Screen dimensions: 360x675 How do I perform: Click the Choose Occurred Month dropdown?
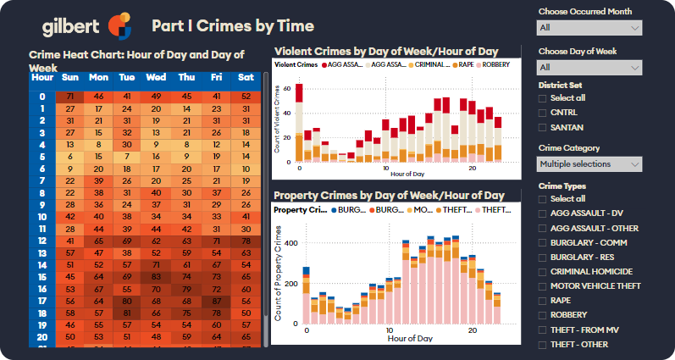point(589,28)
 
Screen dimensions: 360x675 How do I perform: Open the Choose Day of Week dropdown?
point(589,67)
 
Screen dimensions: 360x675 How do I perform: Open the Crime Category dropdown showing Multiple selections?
point(589,163)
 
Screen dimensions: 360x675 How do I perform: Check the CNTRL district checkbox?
point(543,113)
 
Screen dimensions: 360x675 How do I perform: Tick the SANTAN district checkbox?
point(543,127)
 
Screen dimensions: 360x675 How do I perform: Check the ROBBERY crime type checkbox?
point(543,315)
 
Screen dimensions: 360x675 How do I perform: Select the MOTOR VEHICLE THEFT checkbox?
point(543,286)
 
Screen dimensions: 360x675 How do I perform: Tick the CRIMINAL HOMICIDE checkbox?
point(543,272)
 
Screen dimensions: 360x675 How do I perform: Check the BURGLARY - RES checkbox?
point(543,258)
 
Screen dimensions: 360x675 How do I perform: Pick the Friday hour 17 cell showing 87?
point(216,301)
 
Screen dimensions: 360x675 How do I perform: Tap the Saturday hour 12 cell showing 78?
point(246,241)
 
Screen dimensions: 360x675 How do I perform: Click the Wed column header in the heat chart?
point(156,78)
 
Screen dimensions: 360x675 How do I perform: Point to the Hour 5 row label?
point(41,157)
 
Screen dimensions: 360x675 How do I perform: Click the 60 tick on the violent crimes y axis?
point(287,88)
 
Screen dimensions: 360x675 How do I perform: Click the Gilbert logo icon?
point(119,26)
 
